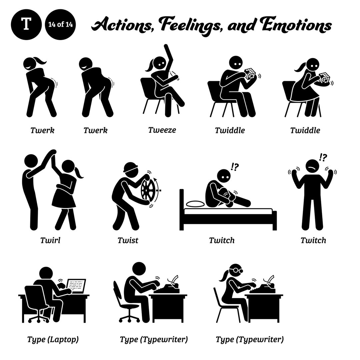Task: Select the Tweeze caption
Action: coord(162,130)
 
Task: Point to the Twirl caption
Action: coord(50,240)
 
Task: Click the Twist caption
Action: coord(128,240)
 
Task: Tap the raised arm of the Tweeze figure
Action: coord(169,55)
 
